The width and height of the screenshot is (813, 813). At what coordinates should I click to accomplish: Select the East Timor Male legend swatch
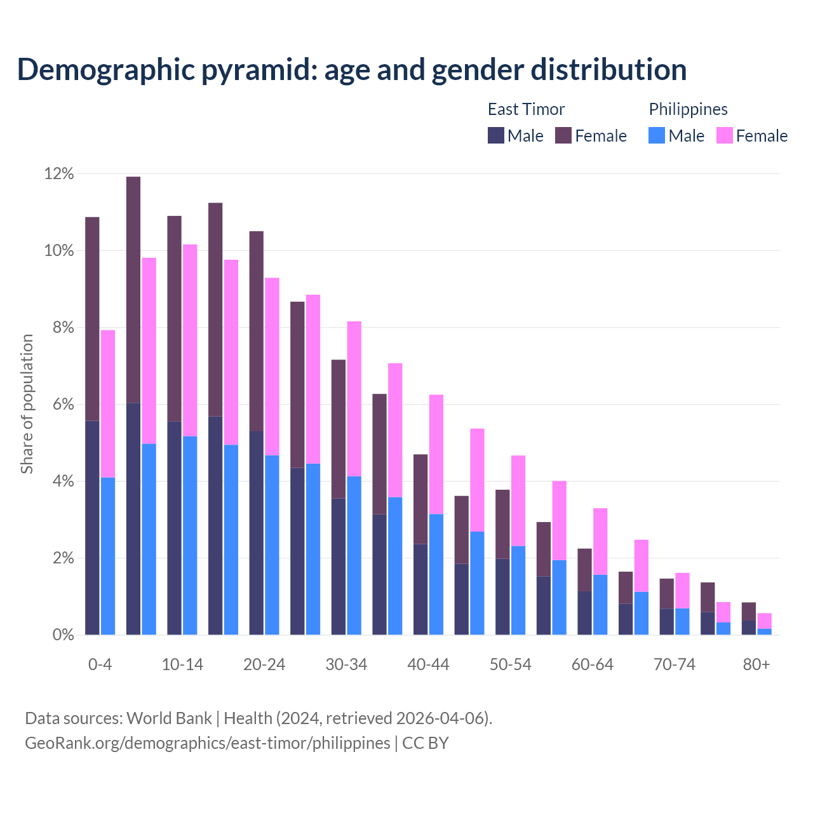click(495, 135)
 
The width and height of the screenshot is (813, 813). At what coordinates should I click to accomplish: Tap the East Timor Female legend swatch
click(563, 135)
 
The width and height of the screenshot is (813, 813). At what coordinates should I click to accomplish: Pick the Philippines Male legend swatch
click(657, 135)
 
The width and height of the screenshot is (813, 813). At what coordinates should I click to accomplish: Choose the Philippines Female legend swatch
click(724, 135)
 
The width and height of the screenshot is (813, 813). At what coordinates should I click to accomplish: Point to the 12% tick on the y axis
click(59, 173)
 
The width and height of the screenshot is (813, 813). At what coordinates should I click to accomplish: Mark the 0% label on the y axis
click(62, 635)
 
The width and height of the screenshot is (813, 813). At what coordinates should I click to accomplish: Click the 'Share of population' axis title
click(27, 404)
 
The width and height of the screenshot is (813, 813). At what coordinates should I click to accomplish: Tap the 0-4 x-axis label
click(100, 664)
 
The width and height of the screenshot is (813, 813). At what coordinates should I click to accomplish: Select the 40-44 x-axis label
click(428, 664)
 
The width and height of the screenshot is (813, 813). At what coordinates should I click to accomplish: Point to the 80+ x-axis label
click(756, 664)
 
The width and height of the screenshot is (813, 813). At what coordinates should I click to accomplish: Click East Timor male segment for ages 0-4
click(92, 527)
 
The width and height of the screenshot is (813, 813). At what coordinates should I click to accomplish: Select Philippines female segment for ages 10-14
click(190, 340)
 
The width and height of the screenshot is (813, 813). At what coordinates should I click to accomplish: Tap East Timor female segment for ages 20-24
click(257, 330)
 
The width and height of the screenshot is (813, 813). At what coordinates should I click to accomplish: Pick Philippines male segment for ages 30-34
click(354, 555)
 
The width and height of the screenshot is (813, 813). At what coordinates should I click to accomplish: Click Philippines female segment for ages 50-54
click(518, 501)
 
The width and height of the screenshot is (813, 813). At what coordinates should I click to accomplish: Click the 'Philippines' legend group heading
click(688, 109)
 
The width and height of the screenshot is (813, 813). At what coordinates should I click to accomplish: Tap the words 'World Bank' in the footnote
click(169, 718)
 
